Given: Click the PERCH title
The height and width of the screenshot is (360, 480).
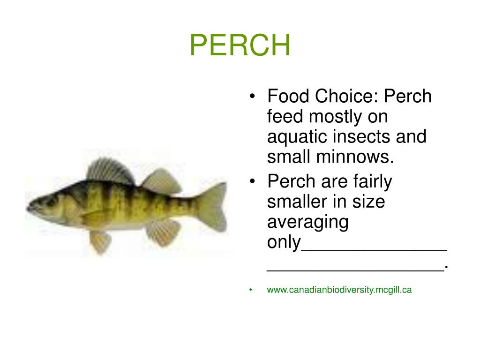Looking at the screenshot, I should [240, 45].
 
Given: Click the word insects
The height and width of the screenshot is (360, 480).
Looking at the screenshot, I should [361, 137].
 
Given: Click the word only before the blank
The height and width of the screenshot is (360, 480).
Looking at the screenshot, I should [283, 242].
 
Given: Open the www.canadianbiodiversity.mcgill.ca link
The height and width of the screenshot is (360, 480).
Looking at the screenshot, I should [339, 290].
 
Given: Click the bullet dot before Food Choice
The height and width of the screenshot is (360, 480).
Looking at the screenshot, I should [253, 97].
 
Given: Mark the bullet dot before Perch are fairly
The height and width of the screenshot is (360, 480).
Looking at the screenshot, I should [253, 182].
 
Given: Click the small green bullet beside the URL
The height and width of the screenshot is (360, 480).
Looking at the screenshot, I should [252, 290].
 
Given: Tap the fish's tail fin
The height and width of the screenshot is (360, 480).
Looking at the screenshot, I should [215, 206].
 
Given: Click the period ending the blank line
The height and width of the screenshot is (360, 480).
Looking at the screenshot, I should [447, 266].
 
